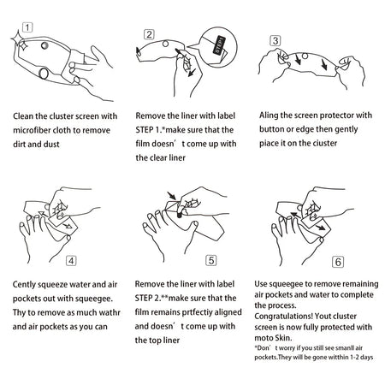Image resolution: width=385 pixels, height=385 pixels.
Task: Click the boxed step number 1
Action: click(27, 27)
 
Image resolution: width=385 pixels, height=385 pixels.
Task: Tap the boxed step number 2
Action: click(149, 34)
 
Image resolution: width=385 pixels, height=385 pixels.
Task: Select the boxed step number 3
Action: click(275, 40)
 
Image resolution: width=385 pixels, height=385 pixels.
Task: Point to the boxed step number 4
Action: click(71, 261)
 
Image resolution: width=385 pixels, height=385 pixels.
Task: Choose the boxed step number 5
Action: click(211, 260)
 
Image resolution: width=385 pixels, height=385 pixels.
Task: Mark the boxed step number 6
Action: click(338, 262)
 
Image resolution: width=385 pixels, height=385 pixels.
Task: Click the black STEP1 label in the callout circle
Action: click(219, 45)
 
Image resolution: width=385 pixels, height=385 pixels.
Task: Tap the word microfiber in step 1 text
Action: click(29, 130)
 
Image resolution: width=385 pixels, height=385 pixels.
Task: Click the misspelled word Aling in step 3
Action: click(269, 115)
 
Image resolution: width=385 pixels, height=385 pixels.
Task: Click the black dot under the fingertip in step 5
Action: click(179, 216)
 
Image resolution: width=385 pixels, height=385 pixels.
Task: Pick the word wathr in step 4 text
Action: click(110, 312)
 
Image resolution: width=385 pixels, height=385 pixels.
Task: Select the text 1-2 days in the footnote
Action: click(361, 357)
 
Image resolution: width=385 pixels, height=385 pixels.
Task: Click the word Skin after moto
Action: click(283, 338)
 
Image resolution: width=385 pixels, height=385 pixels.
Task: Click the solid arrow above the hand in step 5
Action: click(172, 196)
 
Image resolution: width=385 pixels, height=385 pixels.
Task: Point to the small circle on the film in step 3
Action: click(305, 56)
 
